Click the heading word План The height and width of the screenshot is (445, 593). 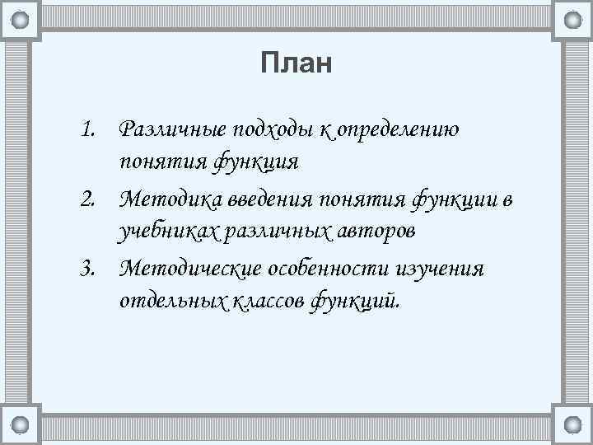point(296,63)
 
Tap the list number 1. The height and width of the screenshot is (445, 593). point(88,129)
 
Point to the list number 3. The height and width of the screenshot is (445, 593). point(88,269)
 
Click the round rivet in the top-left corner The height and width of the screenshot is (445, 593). point(21,19)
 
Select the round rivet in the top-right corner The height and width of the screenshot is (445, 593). point(572,19)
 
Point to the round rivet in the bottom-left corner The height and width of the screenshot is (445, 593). point(21,425)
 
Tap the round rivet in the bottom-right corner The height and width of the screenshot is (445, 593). point(572,425)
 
